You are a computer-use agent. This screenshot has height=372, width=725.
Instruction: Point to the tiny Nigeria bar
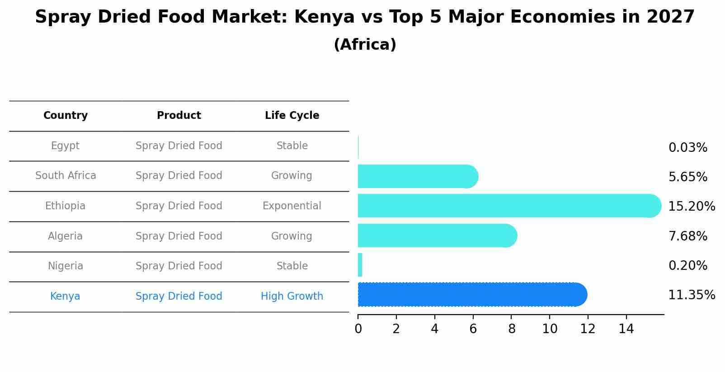pyautogui.click(x=360, y=265)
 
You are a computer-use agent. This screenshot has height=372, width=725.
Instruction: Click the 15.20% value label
pyautogui.click(x=691, y=207)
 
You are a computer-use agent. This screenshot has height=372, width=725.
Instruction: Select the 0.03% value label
pyautogui.click(x=687, y=148)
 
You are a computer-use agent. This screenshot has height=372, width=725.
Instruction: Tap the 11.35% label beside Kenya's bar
pyautogui.click(x=691, y=295)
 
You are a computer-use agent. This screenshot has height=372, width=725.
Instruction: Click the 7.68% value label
pyautogui.click(x=687, y=236)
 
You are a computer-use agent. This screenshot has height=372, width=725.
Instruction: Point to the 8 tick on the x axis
pyautogui.click(x=511, y=329)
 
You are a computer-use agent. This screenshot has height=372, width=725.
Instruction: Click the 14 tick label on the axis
pyautogui.click(x=626, y=329)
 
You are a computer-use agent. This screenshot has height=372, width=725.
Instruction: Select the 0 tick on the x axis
pyautogui.click(x=358, y=329)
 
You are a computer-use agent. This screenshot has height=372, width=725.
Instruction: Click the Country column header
pyautogui.click(x=66, y=116)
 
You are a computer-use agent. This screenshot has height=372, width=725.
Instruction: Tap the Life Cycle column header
pyautogui.click(x=292, y=116)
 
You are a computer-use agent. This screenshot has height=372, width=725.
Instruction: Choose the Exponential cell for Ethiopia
pyautogui.click(x=292, y=206)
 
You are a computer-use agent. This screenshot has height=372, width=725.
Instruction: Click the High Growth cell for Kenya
pyautogui.click(x=292, y=297)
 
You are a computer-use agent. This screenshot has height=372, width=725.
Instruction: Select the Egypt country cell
pyautogui.click(x=65, y=146)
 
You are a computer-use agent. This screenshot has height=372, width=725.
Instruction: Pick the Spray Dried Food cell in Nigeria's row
pyautogui.click(x=179, y=266)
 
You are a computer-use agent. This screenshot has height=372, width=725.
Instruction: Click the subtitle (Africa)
pyautogui.click(x=365, y=45)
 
